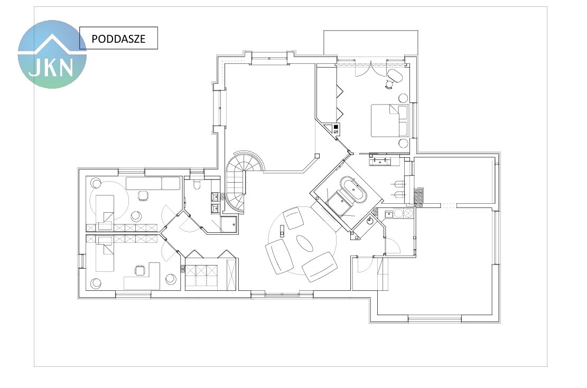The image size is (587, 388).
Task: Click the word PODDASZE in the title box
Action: point(118,39)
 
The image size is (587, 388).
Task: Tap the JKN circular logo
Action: point(52,54)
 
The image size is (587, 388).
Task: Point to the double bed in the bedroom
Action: point(389,120)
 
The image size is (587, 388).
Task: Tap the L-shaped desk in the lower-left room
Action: point(142,277)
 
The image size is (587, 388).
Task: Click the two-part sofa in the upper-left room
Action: point(153,183)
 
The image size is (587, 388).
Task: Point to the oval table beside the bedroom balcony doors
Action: point(394,76)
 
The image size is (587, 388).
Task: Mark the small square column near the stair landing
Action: point(317,156)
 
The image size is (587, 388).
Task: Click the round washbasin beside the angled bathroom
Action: point(370,220)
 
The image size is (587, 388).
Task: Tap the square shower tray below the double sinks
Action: point(229,224)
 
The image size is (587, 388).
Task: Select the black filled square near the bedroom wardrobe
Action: point(336,127)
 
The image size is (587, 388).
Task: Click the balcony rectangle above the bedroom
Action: point(370,43)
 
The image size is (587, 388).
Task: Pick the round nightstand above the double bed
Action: point(403,98)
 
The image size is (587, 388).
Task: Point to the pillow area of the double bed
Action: point(403,120)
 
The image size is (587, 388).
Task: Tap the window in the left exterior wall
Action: point(80,261)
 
